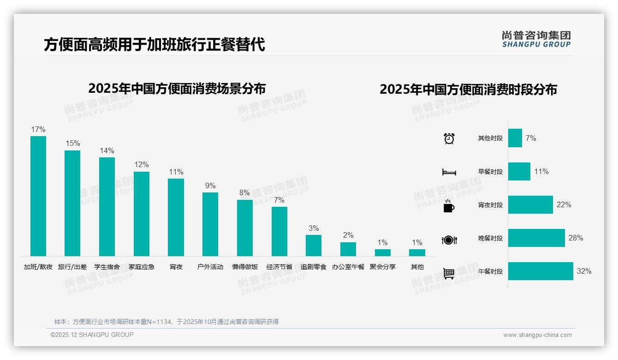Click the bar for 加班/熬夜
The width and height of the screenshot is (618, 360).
point(38,196)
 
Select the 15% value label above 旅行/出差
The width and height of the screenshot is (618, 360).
point(72,144)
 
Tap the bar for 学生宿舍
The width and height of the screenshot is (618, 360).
point(107,206)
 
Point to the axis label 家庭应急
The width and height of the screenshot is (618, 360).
point(142,267)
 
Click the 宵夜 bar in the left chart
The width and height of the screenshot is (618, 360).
point(176,217)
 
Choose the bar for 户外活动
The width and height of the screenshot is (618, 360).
point(210,224)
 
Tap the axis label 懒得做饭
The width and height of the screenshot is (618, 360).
point(245,267)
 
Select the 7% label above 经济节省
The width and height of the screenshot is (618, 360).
point(279,200)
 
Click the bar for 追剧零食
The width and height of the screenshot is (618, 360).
point(314,245)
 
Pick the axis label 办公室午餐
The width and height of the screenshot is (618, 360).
point(348,267)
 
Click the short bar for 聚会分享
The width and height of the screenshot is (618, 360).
point(383,252)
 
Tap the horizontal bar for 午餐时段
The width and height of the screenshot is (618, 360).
point(541,271)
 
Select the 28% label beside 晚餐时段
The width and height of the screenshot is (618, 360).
point(576,238)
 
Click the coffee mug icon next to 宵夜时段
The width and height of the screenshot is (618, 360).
point(449,206)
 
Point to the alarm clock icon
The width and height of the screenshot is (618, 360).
point(449,138)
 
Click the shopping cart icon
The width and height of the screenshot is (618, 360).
point(449,273)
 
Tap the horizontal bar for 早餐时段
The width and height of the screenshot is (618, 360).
point(519,172)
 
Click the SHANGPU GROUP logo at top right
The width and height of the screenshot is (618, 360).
point(536,39)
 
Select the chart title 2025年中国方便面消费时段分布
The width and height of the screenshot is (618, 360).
point(468,90)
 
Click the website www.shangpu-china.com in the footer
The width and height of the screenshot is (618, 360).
point(537,335)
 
